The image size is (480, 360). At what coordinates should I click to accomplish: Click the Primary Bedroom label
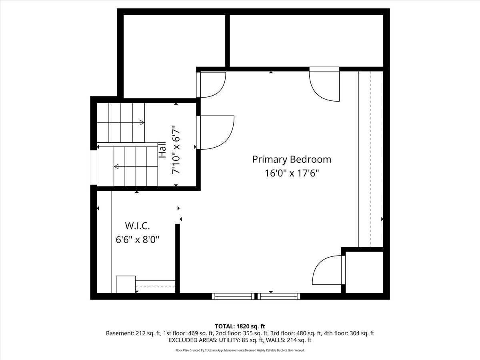(292, 159)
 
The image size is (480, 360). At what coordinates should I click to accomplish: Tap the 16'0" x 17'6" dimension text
(292, 173)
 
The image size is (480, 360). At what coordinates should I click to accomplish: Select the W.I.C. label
(137, 226)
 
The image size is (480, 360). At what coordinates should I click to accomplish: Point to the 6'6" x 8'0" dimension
(137, 240)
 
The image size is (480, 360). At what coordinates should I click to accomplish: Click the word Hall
(162, 150)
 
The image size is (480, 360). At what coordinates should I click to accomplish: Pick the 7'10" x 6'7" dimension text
(176, 150)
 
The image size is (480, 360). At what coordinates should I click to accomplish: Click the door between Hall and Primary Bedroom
(215, 132)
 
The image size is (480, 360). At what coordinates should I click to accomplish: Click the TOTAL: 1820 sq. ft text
(240, 326)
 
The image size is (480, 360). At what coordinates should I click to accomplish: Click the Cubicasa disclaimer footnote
(240, 350)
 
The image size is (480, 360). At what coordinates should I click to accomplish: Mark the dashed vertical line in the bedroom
(371, 159)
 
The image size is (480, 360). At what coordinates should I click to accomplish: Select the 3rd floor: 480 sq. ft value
(296, 333)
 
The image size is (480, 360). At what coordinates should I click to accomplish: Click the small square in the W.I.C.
(126, 284)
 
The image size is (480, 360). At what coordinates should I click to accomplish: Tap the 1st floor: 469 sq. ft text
(188, 333)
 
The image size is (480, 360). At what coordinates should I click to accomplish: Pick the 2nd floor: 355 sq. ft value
(242, 333)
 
